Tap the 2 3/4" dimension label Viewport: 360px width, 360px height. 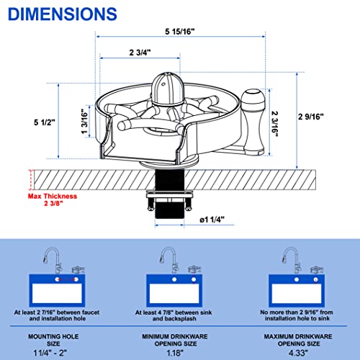click(x=140, y=53)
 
